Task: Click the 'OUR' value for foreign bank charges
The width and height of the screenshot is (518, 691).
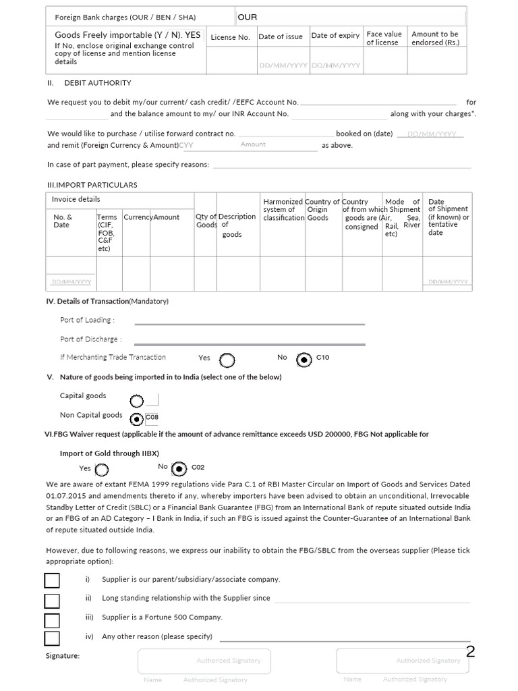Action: pyautogui.click(x=248, y=17)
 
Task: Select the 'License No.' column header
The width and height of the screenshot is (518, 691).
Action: pyautogui.click(x=230, y=37)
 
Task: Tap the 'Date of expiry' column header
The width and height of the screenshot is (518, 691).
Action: pyautogui.click(x=335, y=36)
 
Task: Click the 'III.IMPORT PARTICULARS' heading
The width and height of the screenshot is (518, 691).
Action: pyautogui.click(x=92, y=185)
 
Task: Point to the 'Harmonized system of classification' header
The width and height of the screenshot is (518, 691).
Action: pyautogui.click(x=283, y=210)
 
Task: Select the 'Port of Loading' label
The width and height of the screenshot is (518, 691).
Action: pyautogui.click(x=87, y=320)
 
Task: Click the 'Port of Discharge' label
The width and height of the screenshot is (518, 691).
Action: pyautogui.click(x=90, y=339)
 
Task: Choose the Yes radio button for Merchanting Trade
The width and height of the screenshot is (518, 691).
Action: pyautogui.click(x=227, y=360)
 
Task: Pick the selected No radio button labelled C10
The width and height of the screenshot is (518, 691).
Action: pyautogui.click(x=304, y=360)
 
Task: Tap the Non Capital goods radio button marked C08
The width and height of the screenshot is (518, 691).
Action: pyautogui.click(x=136, y=419)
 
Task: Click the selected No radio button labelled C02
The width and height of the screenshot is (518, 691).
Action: pyautogui.click(x=179, y=468)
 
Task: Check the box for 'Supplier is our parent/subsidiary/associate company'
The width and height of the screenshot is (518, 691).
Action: pyautogui.click(x=52, y=580)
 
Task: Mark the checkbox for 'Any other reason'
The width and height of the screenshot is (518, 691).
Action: pyautogui.click(x=52, y=638)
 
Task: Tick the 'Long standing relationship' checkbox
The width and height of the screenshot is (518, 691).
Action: pyautogui.click(x=52, y=600)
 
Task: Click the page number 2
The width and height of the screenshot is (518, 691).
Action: pyautogui.click(x=470, y=651)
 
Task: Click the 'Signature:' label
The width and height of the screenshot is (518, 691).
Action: pyautogui.click(x=62, y=656)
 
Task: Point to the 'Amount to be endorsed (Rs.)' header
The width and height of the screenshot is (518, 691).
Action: pyautogui.click(x=435, y=38)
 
